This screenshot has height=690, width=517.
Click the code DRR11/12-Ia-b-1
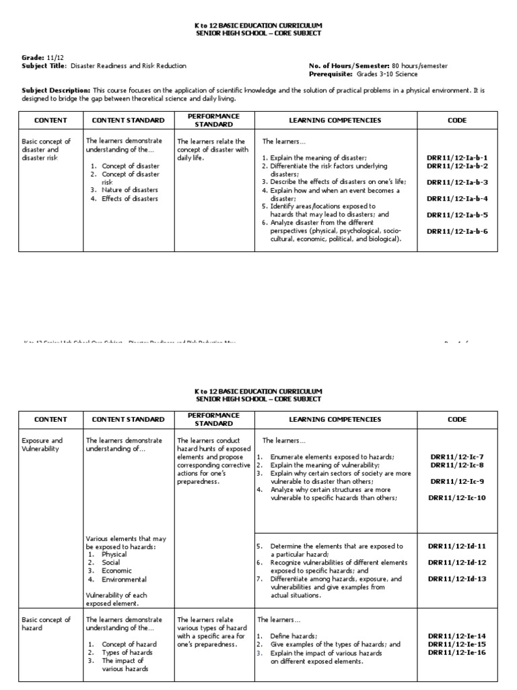(457, 158)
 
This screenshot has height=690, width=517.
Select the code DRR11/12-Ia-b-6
(457, 231)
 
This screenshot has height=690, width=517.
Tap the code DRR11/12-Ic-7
(457, 456)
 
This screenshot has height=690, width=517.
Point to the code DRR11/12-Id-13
(457, 578)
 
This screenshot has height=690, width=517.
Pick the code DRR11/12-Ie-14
(457, 635)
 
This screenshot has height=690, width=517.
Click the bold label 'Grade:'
(33, 58)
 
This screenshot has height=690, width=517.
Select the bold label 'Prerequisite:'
(330, 73)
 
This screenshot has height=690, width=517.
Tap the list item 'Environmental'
(124, 579)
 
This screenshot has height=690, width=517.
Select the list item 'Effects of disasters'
(130, 198)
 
